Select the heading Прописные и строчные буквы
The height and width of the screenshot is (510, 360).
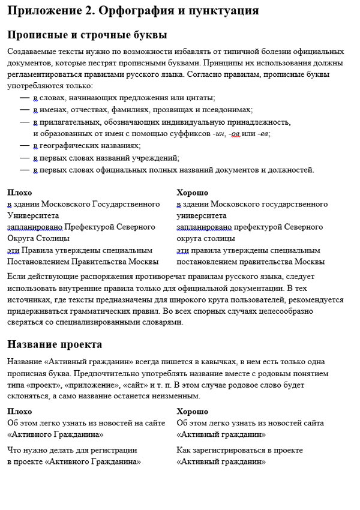tap(87, 35)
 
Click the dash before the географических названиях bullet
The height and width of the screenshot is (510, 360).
tap(24, 146)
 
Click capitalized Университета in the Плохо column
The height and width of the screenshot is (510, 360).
tap(33, 215)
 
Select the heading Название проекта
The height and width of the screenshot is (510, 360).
tap(55, 345)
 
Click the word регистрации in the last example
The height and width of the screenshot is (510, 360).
tap(116, 450)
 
